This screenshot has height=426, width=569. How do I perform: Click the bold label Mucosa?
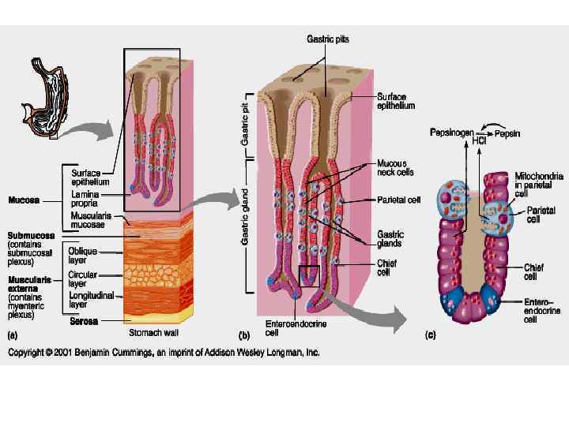click(24, 200)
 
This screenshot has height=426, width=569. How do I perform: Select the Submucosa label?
click(32, 235)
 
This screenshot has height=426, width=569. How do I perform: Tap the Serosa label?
click(83, 321)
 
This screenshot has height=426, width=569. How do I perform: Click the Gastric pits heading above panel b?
click(327, 38)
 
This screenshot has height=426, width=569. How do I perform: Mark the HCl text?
click(479, 142)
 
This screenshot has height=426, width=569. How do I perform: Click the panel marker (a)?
click(13, 335)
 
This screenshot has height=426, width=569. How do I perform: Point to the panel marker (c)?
click(430, 335)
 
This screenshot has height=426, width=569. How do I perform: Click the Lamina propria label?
click(85, 196)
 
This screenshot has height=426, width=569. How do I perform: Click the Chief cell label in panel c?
click(534, 271)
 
